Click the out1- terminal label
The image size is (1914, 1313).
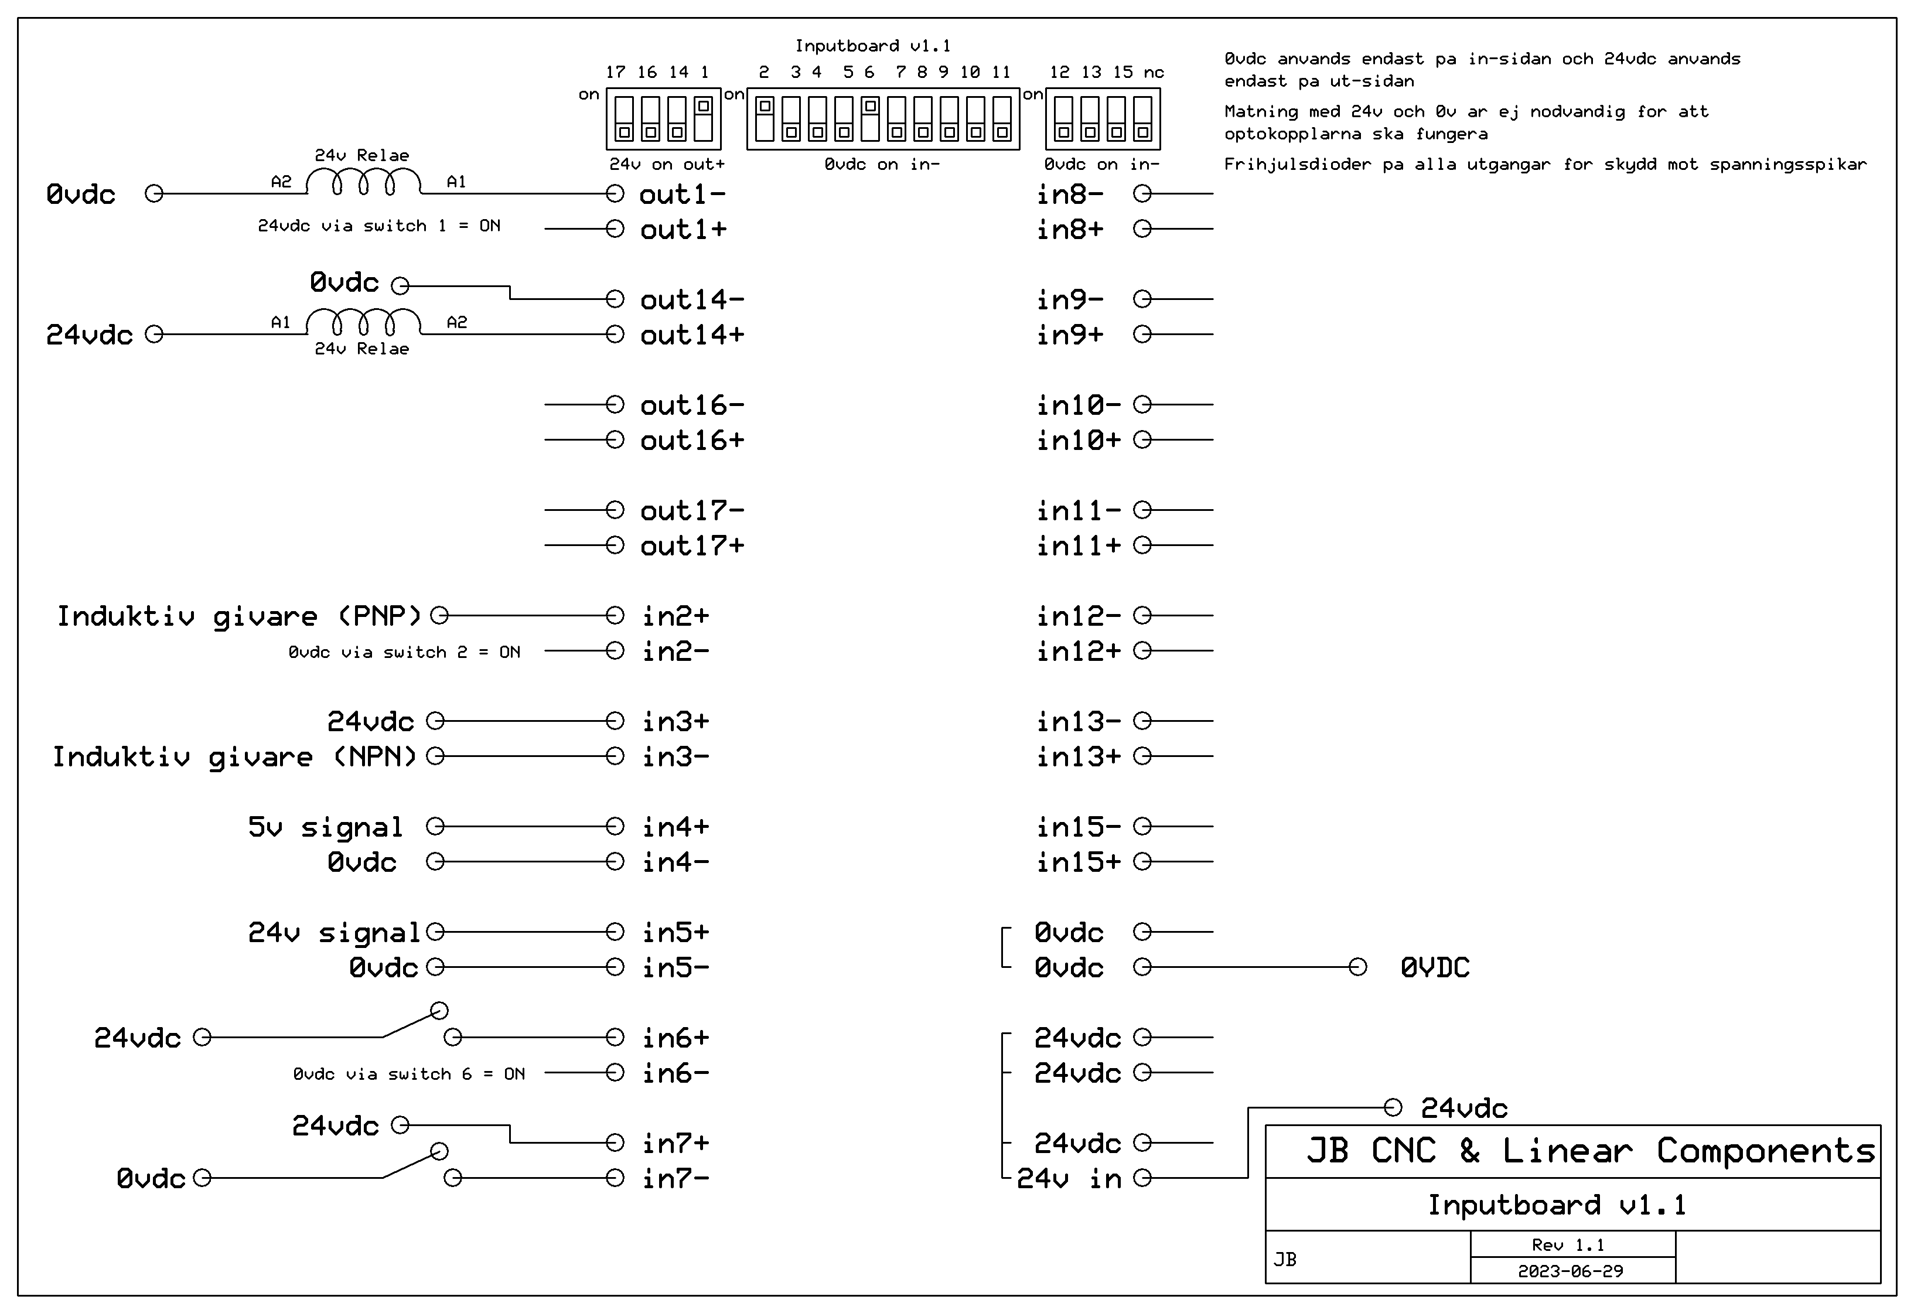coord(682,195)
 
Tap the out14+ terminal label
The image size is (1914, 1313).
coord(692,335)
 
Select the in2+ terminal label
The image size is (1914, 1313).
coord(675,616)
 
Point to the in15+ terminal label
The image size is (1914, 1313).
coord(1078,862)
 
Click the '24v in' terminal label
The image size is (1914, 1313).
coord(1069,1179)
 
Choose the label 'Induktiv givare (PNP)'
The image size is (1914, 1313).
coord(239,616)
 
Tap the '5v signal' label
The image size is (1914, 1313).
coord(325,827)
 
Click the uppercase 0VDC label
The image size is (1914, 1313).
coord(1435,967)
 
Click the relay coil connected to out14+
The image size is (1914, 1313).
coord(363,322)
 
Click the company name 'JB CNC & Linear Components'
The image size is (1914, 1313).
coord(1591,1151)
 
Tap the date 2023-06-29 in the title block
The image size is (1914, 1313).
coord(1571,1271)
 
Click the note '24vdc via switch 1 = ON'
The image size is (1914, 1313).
coord(379,226)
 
